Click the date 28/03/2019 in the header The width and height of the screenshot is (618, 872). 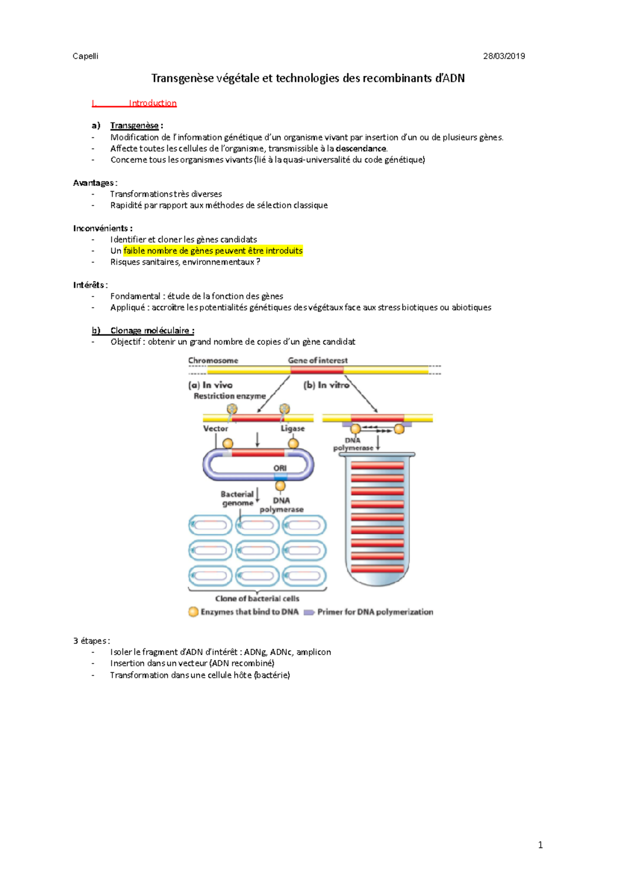pos(504,56)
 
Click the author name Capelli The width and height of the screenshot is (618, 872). pos(85,56)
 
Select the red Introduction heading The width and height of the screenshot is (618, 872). pos(152,103)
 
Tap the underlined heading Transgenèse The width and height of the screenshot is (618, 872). pos(134,126)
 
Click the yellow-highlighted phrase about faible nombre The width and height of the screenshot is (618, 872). pos(213,251)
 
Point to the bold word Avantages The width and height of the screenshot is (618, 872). pos(93,183)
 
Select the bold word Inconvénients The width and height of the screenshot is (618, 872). pos(100,228)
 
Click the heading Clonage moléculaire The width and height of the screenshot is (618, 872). pos(152,330)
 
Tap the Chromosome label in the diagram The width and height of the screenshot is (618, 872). pos(213,360)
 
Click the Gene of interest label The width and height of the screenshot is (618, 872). pos(318,360)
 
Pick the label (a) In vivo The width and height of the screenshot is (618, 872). pos(211,385)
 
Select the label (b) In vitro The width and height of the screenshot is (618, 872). pos(326,385)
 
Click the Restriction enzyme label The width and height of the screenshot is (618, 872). pos(230,396)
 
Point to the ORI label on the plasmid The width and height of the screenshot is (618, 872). pos(280,468)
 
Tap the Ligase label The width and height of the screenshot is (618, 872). pos(293,428)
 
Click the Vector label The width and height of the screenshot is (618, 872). pos(215,428)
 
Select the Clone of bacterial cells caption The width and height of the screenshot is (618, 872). pos(257,599)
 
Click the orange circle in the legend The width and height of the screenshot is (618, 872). pos(193,612)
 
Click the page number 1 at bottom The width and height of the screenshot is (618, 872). pos(540,845)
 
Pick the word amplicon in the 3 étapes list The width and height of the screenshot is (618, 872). pos(314,652)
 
